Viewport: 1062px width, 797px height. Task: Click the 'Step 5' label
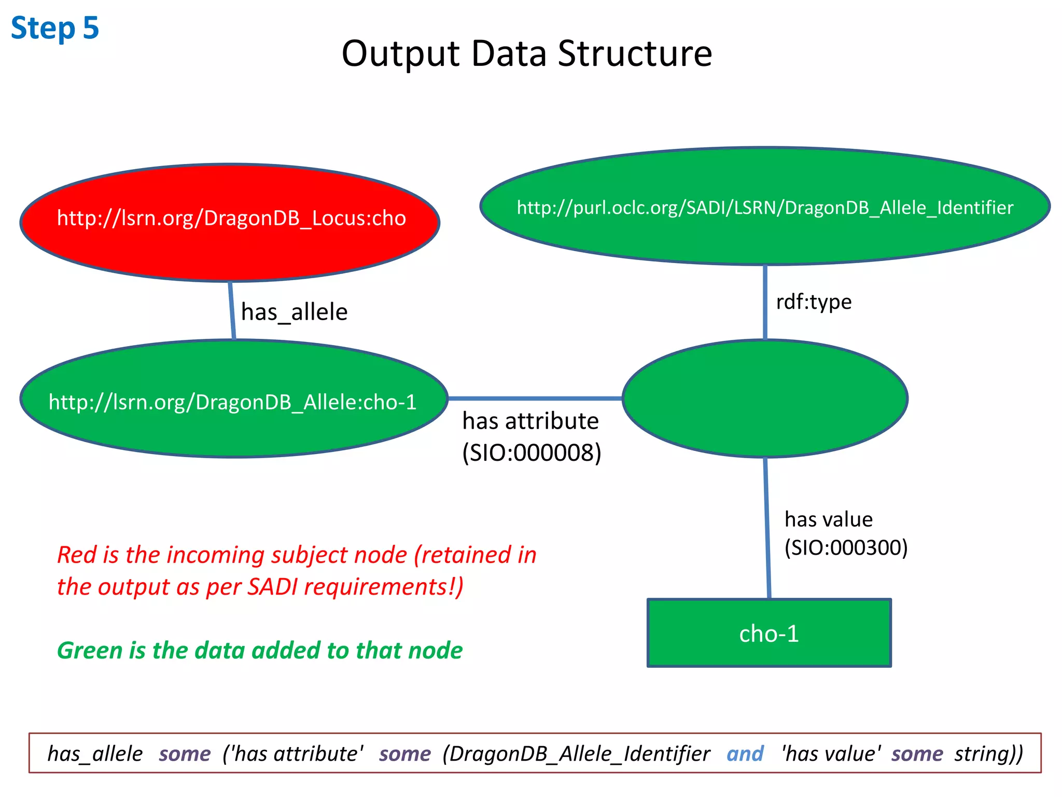54,28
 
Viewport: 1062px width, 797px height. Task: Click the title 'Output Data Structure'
527,53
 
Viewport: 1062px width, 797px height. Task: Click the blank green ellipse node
765,398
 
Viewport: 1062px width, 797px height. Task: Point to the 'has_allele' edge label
294,312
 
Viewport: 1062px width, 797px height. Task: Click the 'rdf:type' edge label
814,301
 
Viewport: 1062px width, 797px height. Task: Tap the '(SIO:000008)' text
532,452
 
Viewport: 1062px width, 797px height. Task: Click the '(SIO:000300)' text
846,547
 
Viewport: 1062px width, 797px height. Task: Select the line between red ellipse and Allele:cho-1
232,310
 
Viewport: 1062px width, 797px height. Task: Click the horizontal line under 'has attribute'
535,398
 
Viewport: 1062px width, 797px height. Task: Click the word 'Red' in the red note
77,555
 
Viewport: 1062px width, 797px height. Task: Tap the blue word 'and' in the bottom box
745,753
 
